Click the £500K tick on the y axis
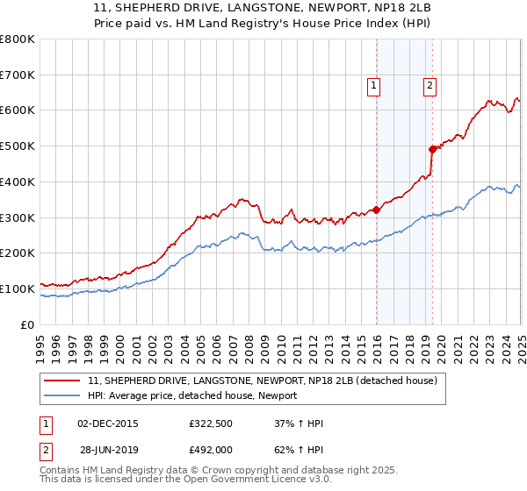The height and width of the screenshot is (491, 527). click(18, 146)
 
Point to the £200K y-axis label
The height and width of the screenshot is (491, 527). click(18, 253)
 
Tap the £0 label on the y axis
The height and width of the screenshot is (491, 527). click(28, 324)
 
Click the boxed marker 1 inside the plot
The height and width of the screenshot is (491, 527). click(374, 85)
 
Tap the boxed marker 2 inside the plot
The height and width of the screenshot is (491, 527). click(430, 85)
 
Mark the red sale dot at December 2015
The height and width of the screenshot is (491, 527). click(376, 210)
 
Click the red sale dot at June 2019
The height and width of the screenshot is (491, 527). click(432, 149)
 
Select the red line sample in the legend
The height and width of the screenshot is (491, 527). click(63, 381)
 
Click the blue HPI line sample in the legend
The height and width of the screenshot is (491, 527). click(63, 395)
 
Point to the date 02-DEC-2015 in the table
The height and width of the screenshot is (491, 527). click(108, 423)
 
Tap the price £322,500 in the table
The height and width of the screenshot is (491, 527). click(212, 423)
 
